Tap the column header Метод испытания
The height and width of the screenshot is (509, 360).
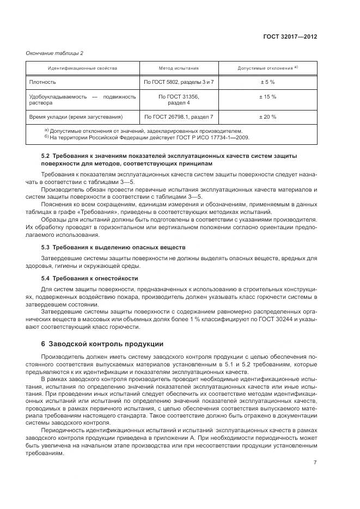pos(179,69)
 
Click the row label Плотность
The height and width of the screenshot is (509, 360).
pos(42,82)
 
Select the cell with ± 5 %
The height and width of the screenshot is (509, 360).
pos(267,82)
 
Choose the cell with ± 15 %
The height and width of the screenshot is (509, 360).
pos(267,96)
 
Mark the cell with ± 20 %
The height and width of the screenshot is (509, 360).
pos(267,116)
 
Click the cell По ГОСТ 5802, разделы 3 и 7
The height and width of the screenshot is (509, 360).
pos(179,82)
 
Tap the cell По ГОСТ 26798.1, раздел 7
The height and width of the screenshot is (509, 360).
pos(179,116)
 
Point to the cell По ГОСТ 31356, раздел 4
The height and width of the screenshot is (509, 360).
pos(179,100)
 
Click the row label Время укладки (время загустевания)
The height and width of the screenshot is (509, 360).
pos(76,116)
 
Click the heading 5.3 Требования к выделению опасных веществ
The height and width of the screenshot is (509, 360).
pos(113,247)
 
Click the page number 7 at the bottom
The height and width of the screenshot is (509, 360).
pos(315,463)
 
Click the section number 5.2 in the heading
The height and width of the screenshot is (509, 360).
pos(46,156)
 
